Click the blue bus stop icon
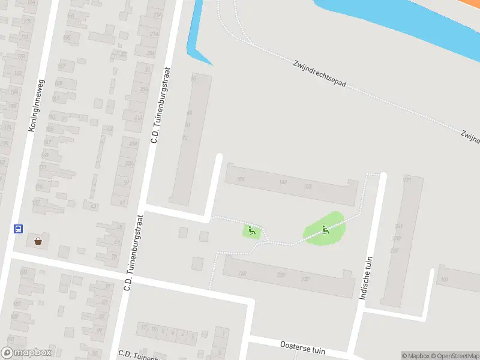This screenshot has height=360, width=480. pos(19,229)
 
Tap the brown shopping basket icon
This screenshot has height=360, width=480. pos(38,241)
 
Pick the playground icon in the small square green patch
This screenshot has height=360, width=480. pos(252,230)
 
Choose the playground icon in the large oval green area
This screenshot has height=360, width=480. pos(325,229)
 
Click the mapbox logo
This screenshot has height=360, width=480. pos(26,353)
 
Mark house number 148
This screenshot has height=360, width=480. pos(283,182)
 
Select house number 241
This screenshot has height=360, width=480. pos(398,227)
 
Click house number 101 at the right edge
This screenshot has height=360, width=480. pos(444,279)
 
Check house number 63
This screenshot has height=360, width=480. pos(93,206)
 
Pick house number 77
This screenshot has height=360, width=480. pos(107,287)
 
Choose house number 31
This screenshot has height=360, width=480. pos(148,70)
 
